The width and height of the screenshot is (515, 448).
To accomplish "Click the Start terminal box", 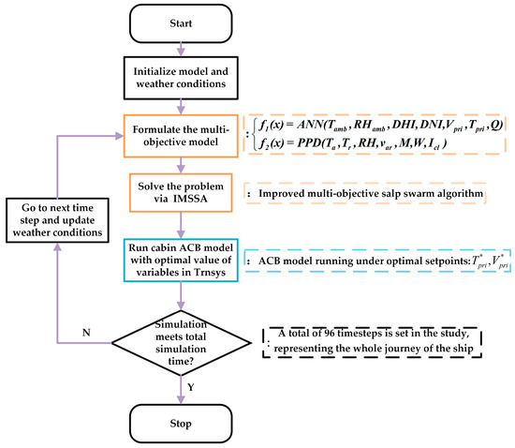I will click(182, 22).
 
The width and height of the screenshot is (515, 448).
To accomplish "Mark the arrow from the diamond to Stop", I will click(182, 386).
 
